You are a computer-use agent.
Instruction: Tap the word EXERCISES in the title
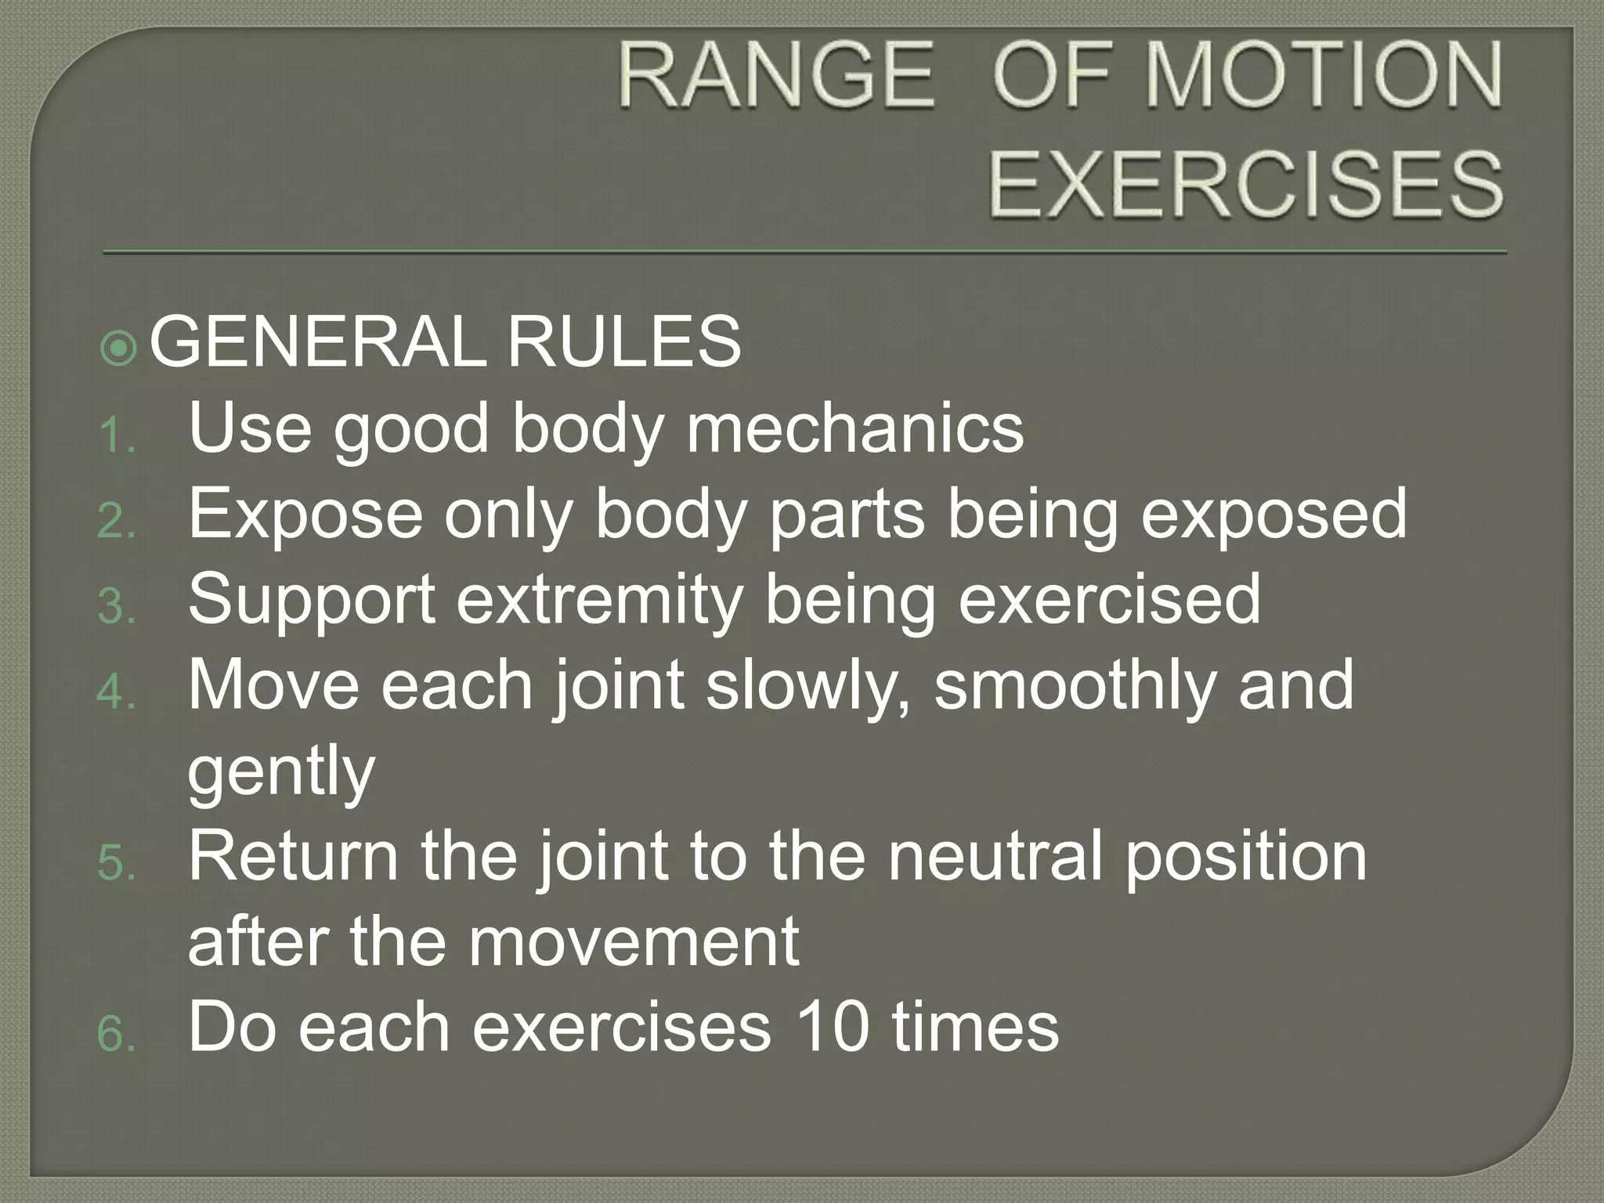tap(1245, 185)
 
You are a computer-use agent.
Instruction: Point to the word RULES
tap(623, 341)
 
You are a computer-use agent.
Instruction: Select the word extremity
tap(598, 601)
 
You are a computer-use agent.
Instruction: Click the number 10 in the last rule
tap(833, 1028)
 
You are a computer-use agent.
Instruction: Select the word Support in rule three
tap(312, 601)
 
